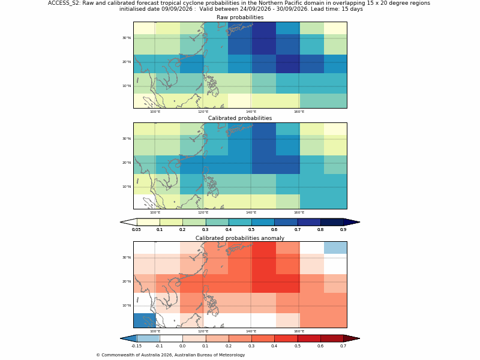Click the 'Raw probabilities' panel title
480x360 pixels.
(x=240, y=17)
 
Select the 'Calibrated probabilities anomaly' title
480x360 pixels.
(x=240, y=238)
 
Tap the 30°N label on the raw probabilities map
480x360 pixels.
(x=127, y=38)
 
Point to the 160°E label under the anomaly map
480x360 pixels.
(x=299, y=331)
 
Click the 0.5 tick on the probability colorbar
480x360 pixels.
(x=251, y=230)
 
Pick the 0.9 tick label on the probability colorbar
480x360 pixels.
(x=343, y=230)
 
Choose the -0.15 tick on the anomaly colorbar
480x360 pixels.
(x=137, y=346)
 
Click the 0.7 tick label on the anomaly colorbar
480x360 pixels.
(x=343, y=346)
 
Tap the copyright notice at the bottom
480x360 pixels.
(x=170, y=355)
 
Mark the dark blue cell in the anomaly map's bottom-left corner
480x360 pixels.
(x=145, y=320)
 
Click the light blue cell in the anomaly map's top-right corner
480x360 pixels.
(x=335, y=248)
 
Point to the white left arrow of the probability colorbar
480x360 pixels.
(x=128, y=222)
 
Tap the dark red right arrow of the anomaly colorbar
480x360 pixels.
(x=352, y=338)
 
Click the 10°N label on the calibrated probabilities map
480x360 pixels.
(x=127, y=187)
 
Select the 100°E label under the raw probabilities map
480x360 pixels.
(x=155, y=112)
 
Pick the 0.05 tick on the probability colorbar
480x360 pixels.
(x=137, y=230)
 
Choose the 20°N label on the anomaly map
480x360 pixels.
(x=127, y=281)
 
